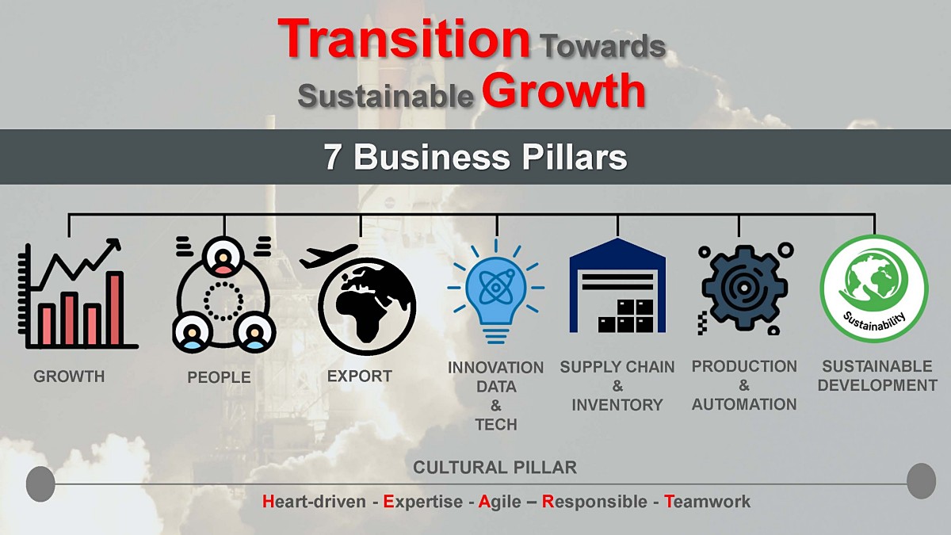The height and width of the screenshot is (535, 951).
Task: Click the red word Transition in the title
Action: click(x=403, y=39)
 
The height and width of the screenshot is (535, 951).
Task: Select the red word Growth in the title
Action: click(x=563, y=91)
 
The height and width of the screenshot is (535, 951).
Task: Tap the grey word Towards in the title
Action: click(x=604, y=46)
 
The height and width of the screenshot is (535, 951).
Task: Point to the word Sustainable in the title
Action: click(x=385, y=96)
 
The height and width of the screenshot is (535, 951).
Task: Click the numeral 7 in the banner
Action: click(x=332, y=157)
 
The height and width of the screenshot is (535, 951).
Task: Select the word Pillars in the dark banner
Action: click(x=574, y=157)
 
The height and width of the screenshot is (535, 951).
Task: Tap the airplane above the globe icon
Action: click(x=328, y=255)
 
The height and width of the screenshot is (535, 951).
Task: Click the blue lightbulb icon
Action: click(x=496, y=292)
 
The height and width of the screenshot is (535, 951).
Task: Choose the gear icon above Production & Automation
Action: click(x=745, y=289)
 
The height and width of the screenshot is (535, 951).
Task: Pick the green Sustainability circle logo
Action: click(x=874, y=289)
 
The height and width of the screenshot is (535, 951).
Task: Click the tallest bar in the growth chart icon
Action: click(x=115, y=308)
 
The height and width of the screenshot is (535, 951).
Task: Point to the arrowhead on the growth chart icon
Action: click(x=114, y=245)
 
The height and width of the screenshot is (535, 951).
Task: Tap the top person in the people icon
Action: click(x=223, y=258)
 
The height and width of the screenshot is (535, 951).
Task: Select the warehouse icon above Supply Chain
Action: click(x=617, y=285)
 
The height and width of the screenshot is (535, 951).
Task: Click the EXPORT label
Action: click(x=360, y=376)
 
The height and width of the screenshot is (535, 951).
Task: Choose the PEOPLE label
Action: click(x=219, y=377)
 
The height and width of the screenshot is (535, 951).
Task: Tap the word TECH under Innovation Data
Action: click(x=496, y=425)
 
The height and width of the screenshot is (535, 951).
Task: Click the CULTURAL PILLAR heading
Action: click(x=495, y=468)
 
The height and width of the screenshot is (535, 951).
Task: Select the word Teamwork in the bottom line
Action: click(x=707, y=502)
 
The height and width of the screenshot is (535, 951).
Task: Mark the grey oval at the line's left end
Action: click(x=40, y=483)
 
